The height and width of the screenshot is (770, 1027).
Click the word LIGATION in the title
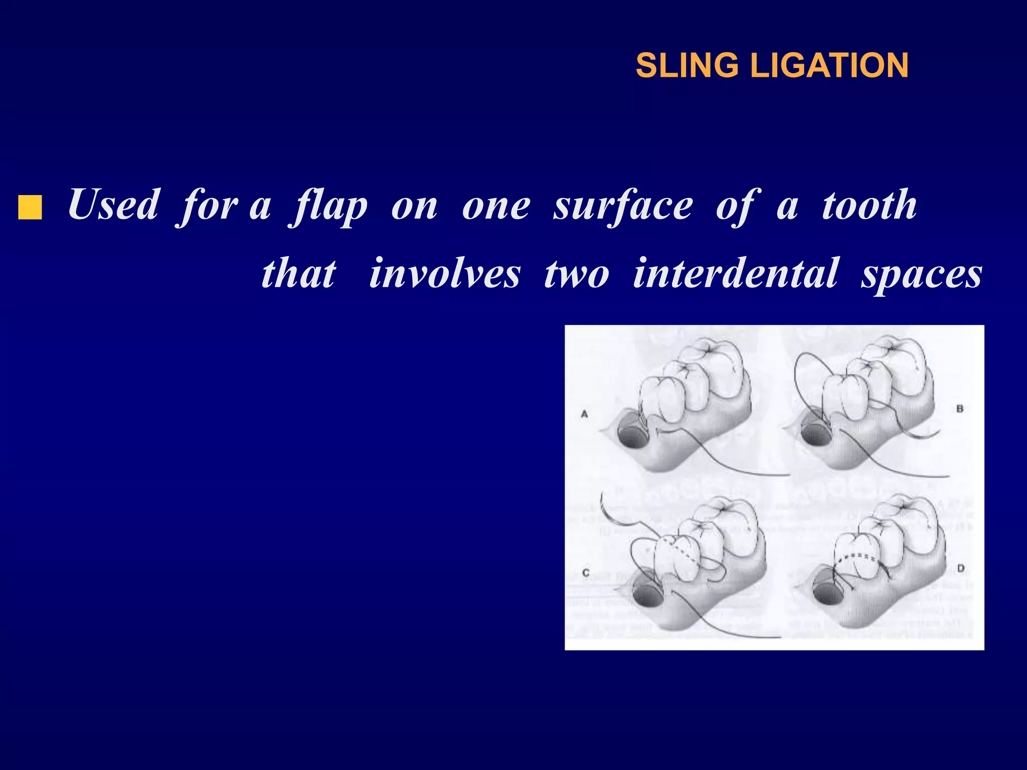point(829,66)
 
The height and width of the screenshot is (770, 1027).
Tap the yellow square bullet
point(30,208)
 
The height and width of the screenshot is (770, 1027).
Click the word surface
point(623,206)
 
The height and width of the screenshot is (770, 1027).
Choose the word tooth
point(870,205)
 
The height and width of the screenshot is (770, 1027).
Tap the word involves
point(445,274)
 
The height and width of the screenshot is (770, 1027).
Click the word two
point(577,275)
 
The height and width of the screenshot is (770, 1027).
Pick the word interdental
point(735,274)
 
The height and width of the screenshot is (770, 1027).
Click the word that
point(299,274)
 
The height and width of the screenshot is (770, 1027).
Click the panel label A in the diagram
point(584,414)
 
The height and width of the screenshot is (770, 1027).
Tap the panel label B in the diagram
point(960,409)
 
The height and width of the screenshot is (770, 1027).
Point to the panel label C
point(586,572)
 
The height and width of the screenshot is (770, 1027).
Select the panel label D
point(961,568)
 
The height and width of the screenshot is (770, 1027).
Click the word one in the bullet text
point(495,206)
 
